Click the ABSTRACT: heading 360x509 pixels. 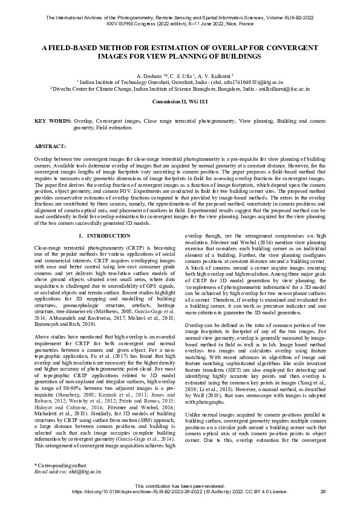pos(50,146)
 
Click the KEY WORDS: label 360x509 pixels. pos(53,122)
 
